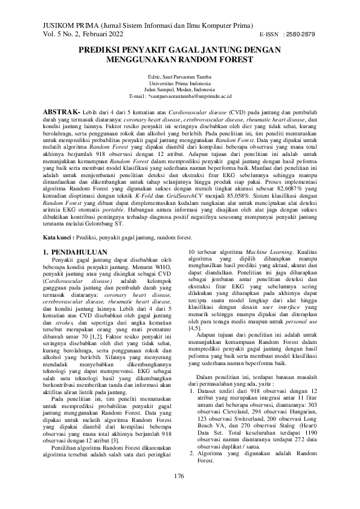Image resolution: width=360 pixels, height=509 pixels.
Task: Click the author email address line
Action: click(x=179, y=97)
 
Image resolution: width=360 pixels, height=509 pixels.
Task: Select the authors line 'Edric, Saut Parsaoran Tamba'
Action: click(x=179, y=77)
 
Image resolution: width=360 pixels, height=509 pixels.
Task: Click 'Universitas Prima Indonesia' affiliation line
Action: click(x=179, y=83)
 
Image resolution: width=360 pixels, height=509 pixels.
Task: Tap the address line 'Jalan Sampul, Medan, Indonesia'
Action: click(x=179, y=90)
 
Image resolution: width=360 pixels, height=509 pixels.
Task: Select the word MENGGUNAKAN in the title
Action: click(x=144, y=60)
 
